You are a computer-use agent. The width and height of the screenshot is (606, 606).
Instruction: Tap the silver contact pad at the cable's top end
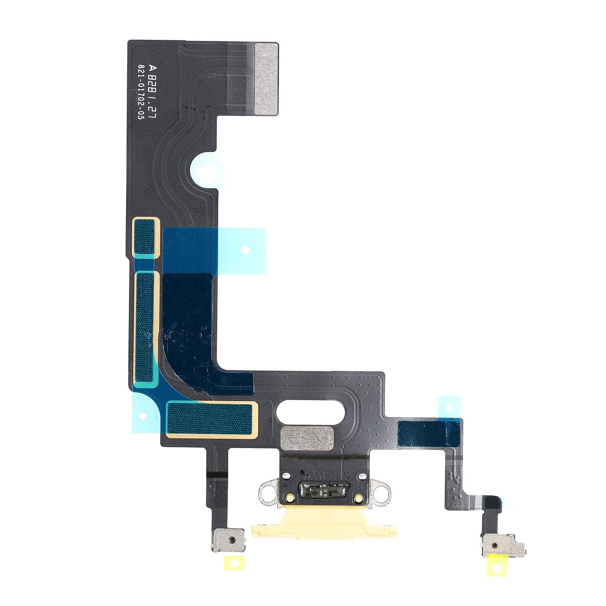(266, 78)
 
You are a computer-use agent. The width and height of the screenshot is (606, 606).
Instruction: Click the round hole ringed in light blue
(206, 171)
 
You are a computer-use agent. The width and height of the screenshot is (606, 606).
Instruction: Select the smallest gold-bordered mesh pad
(145, 238)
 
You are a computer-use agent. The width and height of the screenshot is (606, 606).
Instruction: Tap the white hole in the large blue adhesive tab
(244, 250)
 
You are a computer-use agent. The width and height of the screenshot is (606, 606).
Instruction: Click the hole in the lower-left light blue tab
(142, 415)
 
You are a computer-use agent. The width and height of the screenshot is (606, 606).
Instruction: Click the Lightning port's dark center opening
(323, 491)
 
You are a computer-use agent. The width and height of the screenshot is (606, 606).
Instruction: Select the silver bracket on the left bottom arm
(229, 540)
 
